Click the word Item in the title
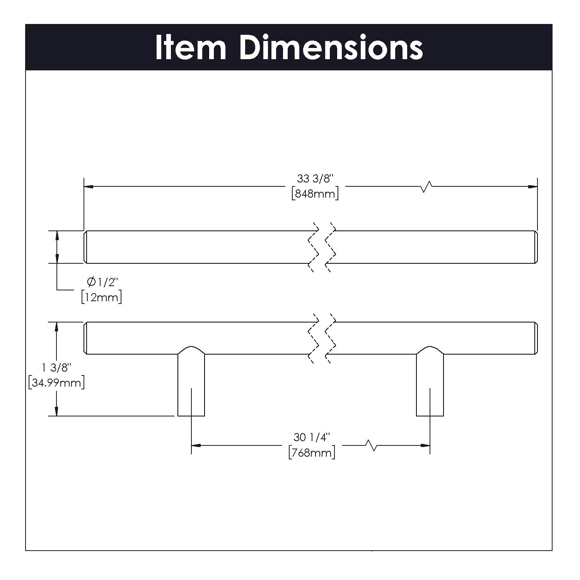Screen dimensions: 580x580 click(x=190, y=48)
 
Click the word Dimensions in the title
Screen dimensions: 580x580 click(x=331, y=48)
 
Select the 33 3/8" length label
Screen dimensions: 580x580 click(x=315, y=179)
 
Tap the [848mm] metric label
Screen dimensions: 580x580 click(x=315, y=193)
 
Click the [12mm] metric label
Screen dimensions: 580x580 click(x=101, y=297)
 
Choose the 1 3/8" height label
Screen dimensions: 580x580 click(x=57, y=368)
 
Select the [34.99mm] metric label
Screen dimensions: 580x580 click(x=56, y=383)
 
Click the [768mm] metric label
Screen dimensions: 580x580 click(x=312, y=452)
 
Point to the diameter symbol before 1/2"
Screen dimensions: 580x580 click(x=91, y=282)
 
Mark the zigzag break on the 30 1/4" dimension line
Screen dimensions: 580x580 click(x=371, y=445)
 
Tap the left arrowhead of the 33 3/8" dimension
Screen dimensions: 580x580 click(x=89, y=187)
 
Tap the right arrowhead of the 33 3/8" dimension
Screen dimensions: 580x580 click(x=533, y=187)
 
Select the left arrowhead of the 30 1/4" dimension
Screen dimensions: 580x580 click(x=196, y=445)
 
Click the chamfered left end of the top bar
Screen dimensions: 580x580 click(x=85, y=247)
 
